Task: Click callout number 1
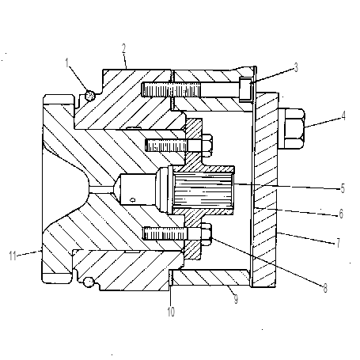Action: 67,63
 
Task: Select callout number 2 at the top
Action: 124,49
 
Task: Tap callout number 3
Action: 296,67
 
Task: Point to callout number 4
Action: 343,116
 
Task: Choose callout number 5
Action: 343,188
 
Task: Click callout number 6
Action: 341,214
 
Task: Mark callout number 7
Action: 338,243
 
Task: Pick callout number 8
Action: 325,288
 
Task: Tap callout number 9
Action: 236,299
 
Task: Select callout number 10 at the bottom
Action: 171,312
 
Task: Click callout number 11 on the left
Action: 13,256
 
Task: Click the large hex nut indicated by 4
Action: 291,128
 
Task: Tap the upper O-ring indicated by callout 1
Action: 89,96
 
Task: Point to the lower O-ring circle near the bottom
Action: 89,282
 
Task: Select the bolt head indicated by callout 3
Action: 245,89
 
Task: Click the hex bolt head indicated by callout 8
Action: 207,233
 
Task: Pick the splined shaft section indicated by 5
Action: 203,189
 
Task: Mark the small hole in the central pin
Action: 133,199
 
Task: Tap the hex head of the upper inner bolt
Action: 207,146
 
